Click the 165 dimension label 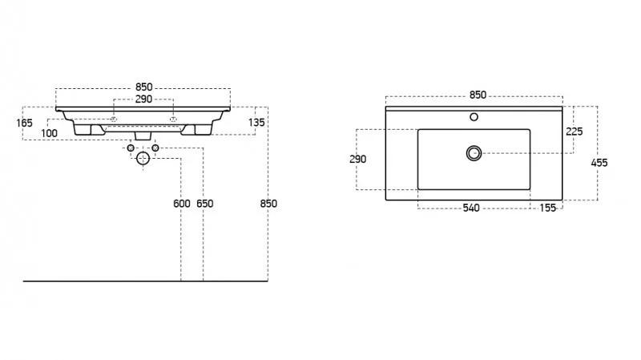pyautogui.click(x=23, y=123)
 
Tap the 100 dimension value pyautogui.click(x=50, y=132)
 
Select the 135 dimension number pyautogui.click(x=256, y=123)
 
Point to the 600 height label pyautogui.click(x=182, y=204)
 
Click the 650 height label pyautogui.click(x=205, y=204)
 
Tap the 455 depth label pyautogui.click(x=599, y=163)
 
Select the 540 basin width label pyautogui.click(x=470, y=208)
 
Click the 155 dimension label pyautogui.click(x=548, y=208)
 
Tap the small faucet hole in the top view pyautogui.click(x=474, y=118)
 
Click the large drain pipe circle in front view pyautogui.click(x=143, y=159)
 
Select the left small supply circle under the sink pyautogui.click(x=131, y=148)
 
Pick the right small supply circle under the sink pyautogui.click(x=155, y=148)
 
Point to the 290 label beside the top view pyautogui.click(x=358, y=160)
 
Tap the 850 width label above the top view pyautogui.click(x=478, y=95)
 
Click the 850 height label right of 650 pyautogui.click(x=268, y=204)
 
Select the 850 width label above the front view pyautogui.click(x=143, y=87)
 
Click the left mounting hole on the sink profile pyautogui.click(x=114, y=119)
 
